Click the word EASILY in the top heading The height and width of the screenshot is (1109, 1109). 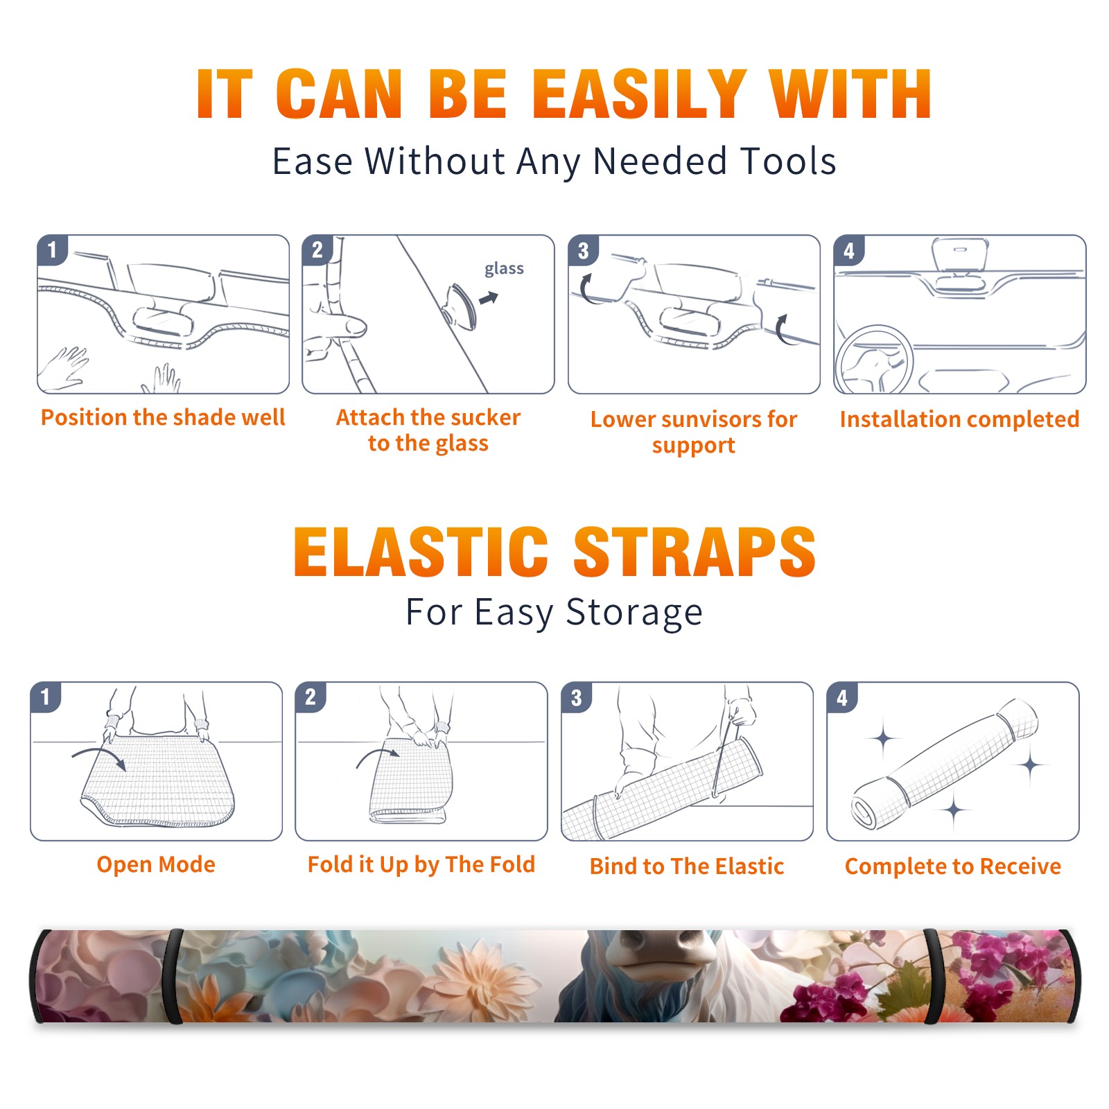[640, 94]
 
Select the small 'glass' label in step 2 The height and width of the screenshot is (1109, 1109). [504, 268]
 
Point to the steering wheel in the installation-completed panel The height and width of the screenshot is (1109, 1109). [873, 360]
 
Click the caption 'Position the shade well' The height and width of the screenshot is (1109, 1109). [163, 417]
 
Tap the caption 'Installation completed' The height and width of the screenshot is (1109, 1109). [959, 419]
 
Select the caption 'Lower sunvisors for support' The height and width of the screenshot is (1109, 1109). [694, 432]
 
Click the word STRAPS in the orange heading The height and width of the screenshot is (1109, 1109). [695, 552]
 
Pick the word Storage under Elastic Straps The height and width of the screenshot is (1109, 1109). [634, 613]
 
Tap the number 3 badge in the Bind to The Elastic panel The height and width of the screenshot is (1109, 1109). [576, 698]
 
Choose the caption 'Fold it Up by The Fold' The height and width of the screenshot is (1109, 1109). [421, 864]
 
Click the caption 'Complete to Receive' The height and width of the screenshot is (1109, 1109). [953, 866]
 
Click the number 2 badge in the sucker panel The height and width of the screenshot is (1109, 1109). [317, 250]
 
